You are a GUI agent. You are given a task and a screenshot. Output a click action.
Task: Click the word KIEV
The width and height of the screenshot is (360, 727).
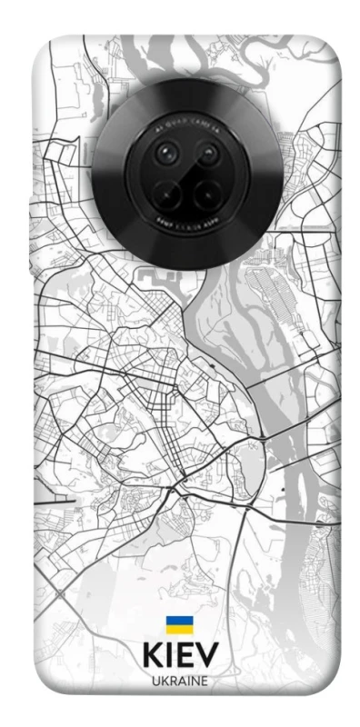click(180, 656)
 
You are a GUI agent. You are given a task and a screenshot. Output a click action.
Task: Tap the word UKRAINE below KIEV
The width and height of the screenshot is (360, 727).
click(180, 681)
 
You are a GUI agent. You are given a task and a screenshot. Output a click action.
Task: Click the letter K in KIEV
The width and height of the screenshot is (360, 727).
click(151, 656)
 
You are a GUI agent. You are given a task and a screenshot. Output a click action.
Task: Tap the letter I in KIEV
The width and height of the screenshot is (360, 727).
click(171, 656)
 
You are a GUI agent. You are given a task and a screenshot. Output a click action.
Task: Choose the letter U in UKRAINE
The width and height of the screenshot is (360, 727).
click(155, 681)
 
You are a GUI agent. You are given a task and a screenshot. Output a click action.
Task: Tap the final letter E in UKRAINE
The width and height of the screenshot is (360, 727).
click(205, 681)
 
